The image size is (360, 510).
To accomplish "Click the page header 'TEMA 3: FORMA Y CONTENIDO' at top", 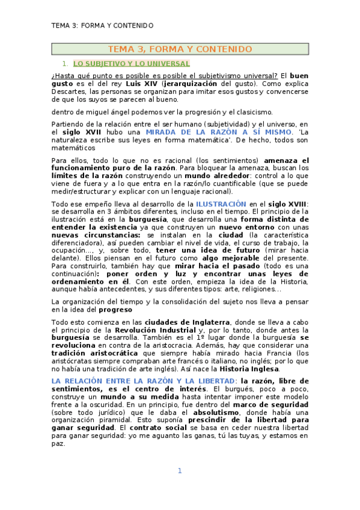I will point(102,26).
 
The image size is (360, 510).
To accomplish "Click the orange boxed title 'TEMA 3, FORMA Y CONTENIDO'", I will point(180,49).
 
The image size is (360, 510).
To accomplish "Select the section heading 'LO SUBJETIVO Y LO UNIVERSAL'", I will point(132,63).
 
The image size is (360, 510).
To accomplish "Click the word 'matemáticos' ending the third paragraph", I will point(73,147).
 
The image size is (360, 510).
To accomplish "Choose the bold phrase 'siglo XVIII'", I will point(285,204).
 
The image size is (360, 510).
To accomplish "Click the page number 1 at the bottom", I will point(179,471).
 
